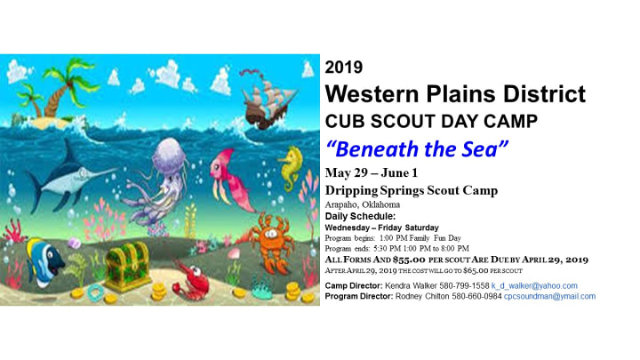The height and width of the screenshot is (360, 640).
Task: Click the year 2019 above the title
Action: pyautogui.click(x=344, y=68)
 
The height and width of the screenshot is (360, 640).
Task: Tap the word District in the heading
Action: pyautogui.click(x=545, y=94)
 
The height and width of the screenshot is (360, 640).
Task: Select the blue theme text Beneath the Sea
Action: pyautogui.click(x=417, y=149)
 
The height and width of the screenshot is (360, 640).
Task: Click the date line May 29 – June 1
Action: pyautogui.click(x=372, y=173)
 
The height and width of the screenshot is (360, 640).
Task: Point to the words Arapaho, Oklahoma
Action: pyautogui.click(x=363, y=204)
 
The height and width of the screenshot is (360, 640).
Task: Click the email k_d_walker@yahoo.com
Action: pyautogui.click(x=534, y=285)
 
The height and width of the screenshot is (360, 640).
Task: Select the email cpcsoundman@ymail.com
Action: pyautogui.click(x=549, y=296)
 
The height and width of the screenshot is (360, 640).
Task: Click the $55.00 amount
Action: pyautogui.click(x=409, y=260)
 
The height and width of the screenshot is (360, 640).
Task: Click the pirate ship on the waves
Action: pyautogui.click(x=268, y=100)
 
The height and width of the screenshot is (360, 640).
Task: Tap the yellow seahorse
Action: pyautogui.click(x=291, y=168)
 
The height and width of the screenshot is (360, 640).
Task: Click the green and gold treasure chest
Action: pyautogui.click(x=127, y=265)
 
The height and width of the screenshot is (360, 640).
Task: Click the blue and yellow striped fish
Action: pyautogui.click(x=44, y=261)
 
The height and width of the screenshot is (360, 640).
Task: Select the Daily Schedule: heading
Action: pyautogui.click(x=360, y=216)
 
